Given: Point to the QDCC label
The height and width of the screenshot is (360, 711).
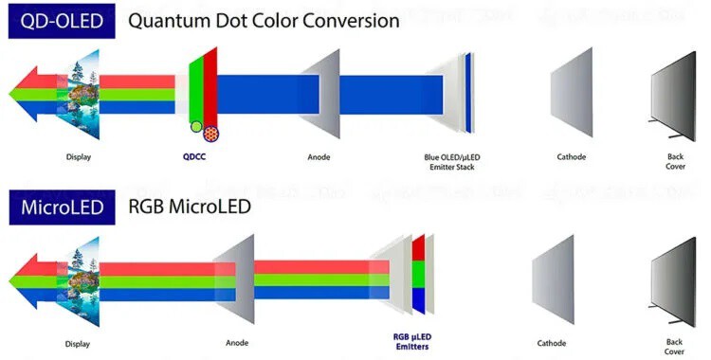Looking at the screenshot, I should (195, 156).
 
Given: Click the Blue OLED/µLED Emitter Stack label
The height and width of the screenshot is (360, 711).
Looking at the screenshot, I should (449, 162).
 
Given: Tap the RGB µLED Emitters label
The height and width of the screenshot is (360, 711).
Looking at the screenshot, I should (413, 341).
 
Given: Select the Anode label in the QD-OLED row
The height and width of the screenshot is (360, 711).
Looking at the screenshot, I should (319, 156).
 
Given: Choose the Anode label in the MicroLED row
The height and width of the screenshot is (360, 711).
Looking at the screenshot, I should (238, 342).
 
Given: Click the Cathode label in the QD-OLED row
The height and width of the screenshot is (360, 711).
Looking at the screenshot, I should (572, 156).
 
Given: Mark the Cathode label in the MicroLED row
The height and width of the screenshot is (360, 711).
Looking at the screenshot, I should (552, 342).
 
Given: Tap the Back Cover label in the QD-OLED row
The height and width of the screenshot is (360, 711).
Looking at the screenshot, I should (674, 162).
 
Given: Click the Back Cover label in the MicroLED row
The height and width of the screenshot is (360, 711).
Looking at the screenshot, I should (674, 346).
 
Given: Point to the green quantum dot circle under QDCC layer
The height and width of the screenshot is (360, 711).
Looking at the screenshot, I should (194, 126).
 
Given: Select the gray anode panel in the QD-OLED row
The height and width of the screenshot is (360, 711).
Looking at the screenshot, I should (322, 95).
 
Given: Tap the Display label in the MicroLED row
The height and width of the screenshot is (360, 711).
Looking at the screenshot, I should (79, 342).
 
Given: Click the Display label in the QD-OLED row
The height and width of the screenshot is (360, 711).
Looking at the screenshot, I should (79, 156).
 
